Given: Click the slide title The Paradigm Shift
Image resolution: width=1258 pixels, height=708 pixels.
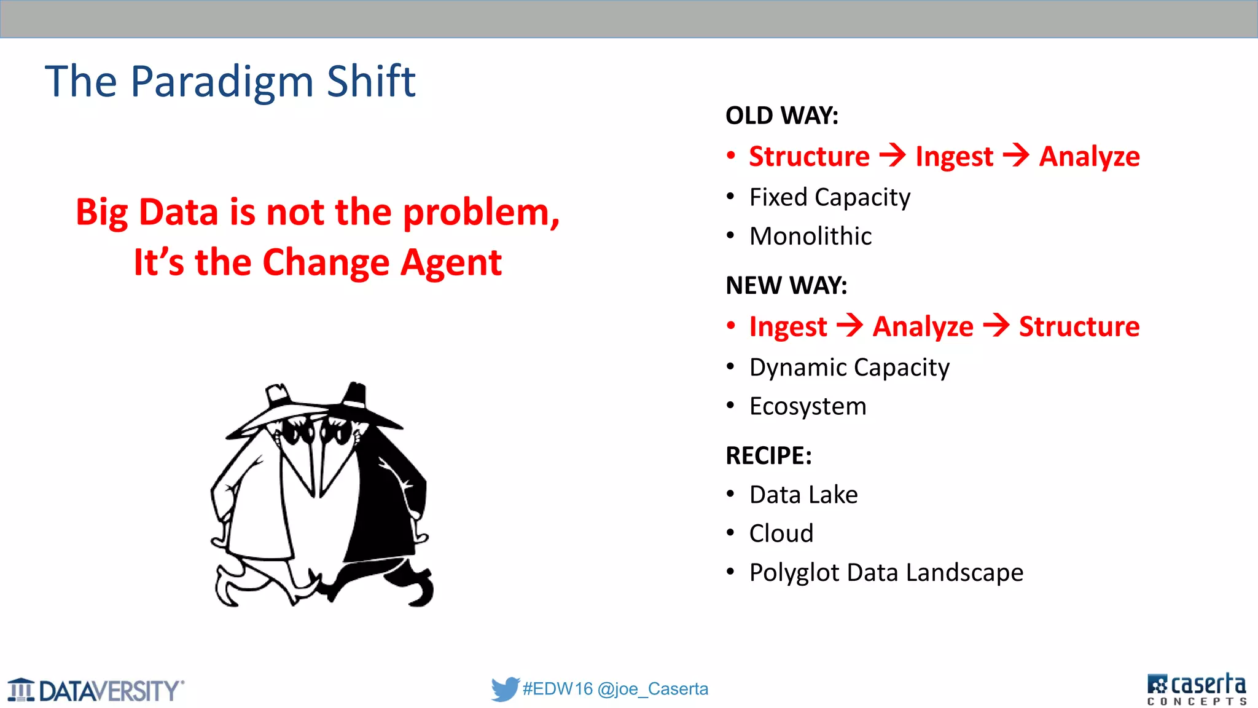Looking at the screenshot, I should [230, 81].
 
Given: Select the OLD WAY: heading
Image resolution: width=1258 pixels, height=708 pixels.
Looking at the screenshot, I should [781, 116].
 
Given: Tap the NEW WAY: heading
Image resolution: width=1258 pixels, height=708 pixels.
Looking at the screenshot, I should [786, 285].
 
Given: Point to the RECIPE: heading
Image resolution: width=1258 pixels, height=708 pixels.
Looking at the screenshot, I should [768, 455].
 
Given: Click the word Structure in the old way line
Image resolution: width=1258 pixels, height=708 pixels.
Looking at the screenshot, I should [809, 156].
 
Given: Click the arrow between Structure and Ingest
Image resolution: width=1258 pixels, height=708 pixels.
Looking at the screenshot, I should [893, 155].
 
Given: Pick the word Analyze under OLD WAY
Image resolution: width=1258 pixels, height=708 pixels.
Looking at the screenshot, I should [1089, 157].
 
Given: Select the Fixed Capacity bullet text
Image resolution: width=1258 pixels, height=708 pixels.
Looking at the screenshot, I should [829, 197].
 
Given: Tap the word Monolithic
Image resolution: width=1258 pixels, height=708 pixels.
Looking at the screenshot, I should [810, 236].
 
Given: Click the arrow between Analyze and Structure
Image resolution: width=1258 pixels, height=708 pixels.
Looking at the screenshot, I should [996, 325].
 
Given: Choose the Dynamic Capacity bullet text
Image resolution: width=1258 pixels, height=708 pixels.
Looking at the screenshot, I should [849, 368].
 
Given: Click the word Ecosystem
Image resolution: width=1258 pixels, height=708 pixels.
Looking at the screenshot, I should [808, 406].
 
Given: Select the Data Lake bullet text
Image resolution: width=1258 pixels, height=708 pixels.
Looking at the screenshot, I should [803, 495].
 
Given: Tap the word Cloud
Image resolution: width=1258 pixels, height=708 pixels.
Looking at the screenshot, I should [781, 533].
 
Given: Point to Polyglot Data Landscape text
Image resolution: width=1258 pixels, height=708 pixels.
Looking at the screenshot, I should [886, 572].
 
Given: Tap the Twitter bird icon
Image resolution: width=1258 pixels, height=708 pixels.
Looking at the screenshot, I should [505, 689].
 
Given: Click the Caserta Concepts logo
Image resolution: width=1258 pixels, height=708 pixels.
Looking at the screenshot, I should [1196, 689].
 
